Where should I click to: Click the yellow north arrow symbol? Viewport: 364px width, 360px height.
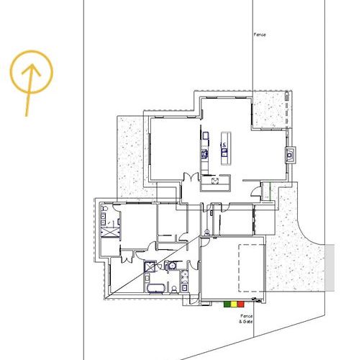pyautogui.click(x=31, y=75)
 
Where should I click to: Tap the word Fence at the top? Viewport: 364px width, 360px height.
pyautogui.click(x=260, y=35)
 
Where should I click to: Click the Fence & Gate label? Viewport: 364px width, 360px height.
pyautogui.click(x=246, y=318)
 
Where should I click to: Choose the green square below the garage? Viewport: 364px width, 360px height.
pyautogui.click(x=227, y=305)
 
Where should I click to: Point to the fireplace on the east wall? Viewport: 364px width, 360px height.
pyautogui.click(x=290, y=153)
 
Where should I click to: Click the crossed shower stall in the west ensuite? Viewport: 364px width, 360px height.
pyautogui.click(x=110, y=232)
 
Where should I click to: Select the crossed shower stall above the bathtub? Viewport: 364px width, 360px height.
pyautogui.click(x=150, y=266)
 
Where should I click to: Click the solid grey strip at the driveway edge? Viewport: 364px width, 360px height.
pyautogui.click(x=329, y=267)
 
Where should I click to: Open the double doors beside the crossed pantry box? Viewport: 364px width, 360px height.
pyautogui.click(x=190, y=177)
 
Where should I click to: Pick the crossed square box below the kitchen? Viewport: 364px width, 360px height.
pyautogui.click(x=215, y=180)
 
